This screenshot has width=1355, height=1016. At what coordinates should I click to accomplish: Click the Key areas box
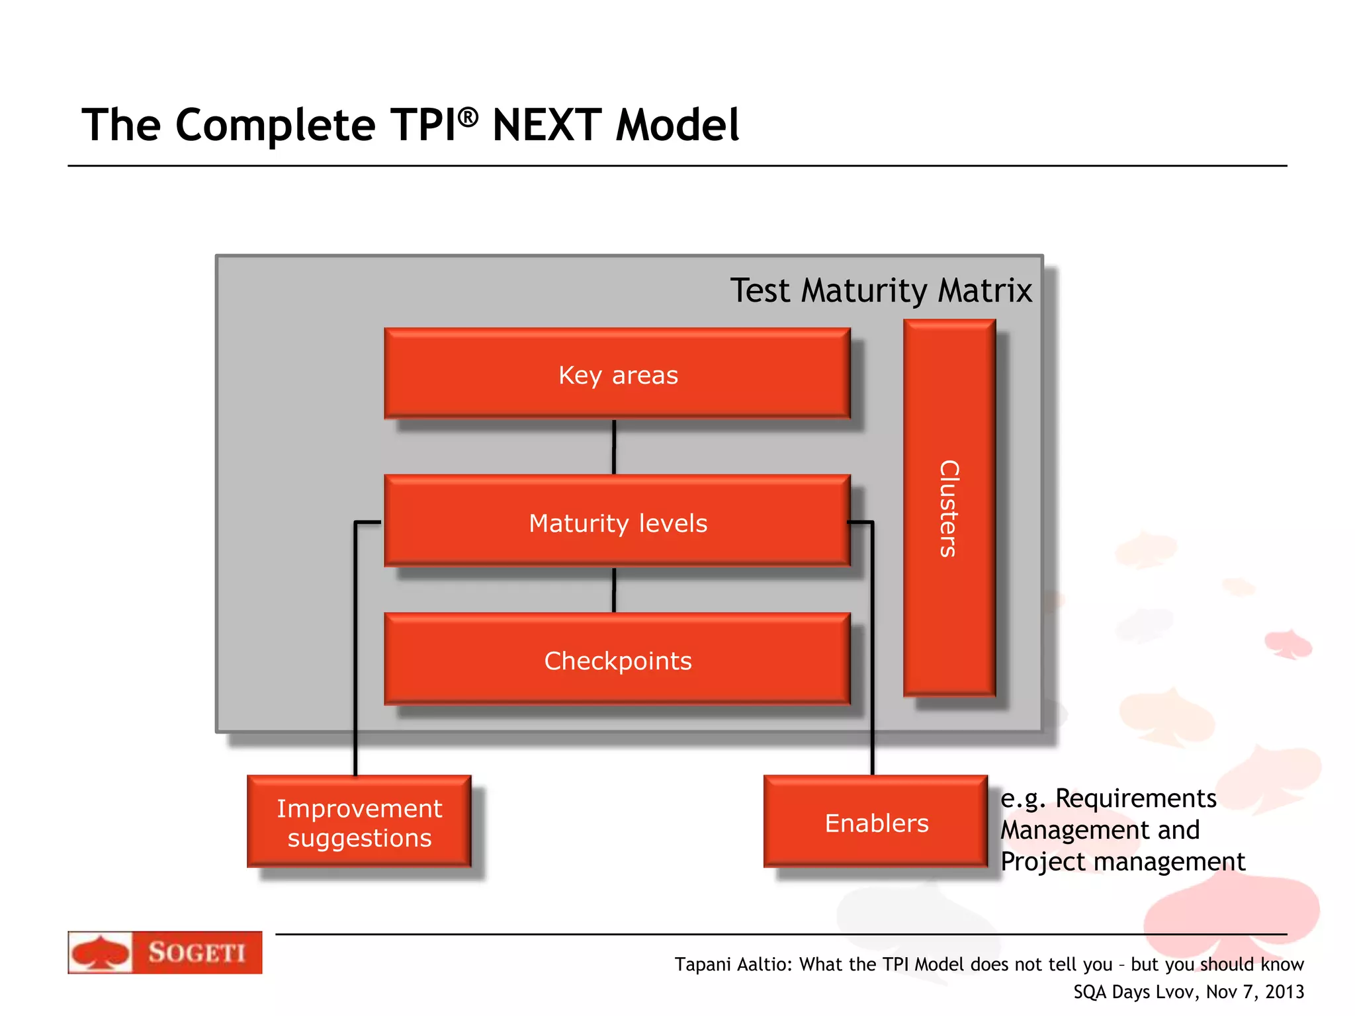point(617,374)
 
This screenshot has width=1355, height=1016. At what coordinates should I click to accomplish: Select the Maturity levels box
point(617,522)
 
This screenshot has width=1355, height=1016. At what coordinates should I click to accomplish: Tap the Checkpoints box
point(617,659)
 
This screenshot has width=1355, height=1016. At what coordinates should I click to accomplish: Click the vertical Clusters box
point(949,508)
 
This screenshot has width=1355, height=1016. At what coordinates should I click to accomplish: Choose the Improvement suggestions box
point(359,822)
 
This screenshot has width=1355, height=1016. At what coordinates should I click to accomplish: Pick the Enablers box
point(875,822)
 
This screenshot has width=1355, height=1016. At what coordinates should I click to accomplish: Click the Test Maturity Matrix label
point(881,290)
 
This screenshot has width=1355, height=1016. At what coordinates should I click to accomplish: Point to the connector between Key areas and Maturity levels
point(614,447)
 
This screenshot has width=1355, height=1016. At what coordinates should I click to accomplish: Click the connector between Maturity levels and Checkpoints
point(614,590)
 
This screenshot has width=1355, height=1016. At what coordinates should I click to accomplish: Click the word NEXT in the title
point(546,125)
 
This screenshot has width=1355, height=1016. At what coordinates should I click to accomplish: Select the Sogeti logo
point(165,952)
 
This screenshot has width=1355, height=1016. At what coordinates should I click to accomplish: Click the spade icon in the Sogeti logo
point(100,953)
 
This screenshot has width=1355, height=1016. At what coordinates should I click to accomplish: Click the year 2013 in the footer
point(1284,992)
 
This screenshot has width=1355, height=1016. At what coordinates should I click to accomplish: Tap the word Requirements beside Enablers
point(1135,798)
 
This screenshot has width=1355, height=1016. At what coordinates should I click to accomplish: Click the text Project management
point(1122,862)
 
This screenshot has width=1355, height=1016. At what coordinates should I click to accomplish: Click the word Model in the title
point(677,125)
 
